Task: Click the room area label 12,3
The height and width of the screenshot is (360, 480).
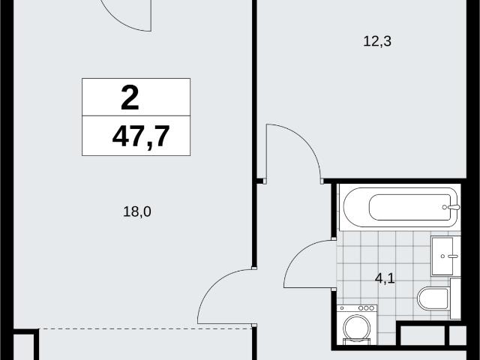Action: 377,41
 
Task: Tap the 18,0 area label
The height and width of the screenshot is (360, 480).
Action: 137,211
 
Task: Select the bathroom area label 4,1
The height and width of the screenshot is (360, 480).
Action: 385,279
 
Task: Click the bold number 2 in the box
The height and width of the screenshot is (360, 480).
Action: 130,97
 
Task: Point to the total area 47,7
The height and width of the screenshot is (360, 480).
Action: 141,136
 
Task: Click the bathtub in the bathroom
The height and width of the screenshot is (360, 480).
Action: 400,207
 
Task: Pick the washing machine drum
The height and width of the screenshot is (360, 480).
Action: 357,328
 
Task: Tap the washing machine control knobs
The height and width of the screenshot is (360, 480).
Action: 367,308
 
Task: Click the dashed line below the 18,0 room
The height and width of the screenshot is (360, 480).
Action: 145,328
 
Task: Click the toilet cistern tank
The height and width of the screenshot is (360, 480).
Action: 455,298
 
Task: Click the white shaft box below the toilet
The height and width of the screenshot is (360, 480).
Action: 423,335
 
